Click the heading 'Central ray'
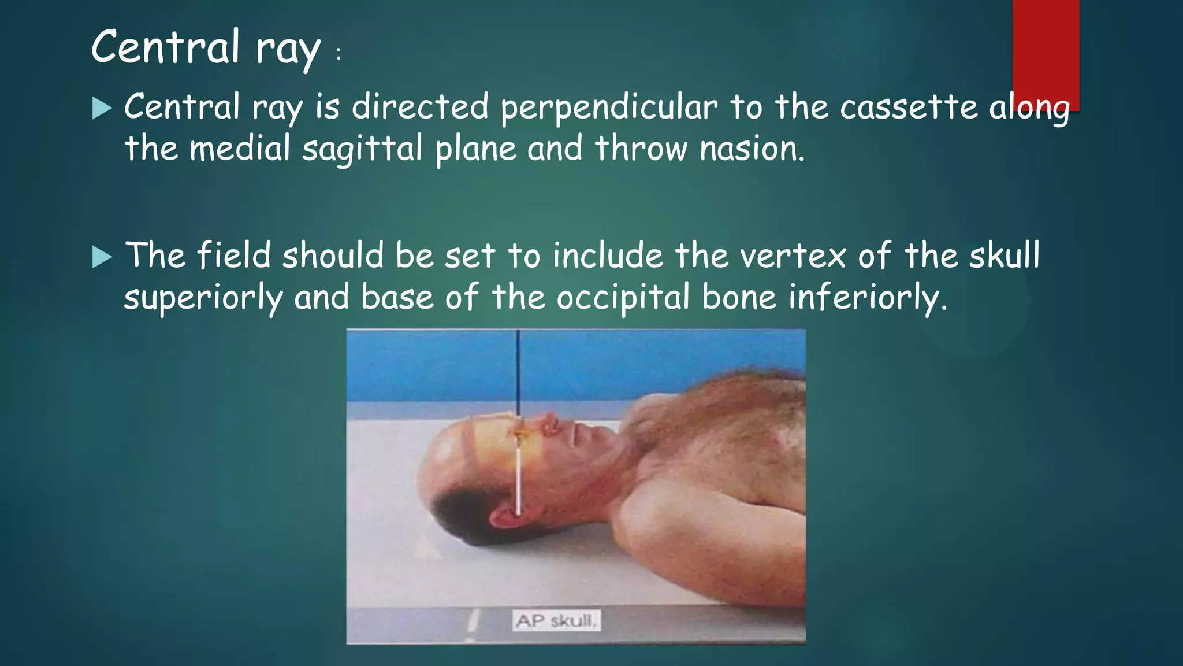(206, 47)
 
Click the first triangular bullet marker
(102, 108)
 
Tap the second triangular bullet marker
(102, 257)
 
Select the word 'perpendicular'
(608, 108)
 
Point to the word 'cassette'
(908, 108)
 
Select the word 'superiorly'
(203, 298)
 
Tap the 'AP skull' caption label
(556, 621)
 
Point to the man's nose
(550, 424)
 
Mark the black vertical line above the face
(518, 370)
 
